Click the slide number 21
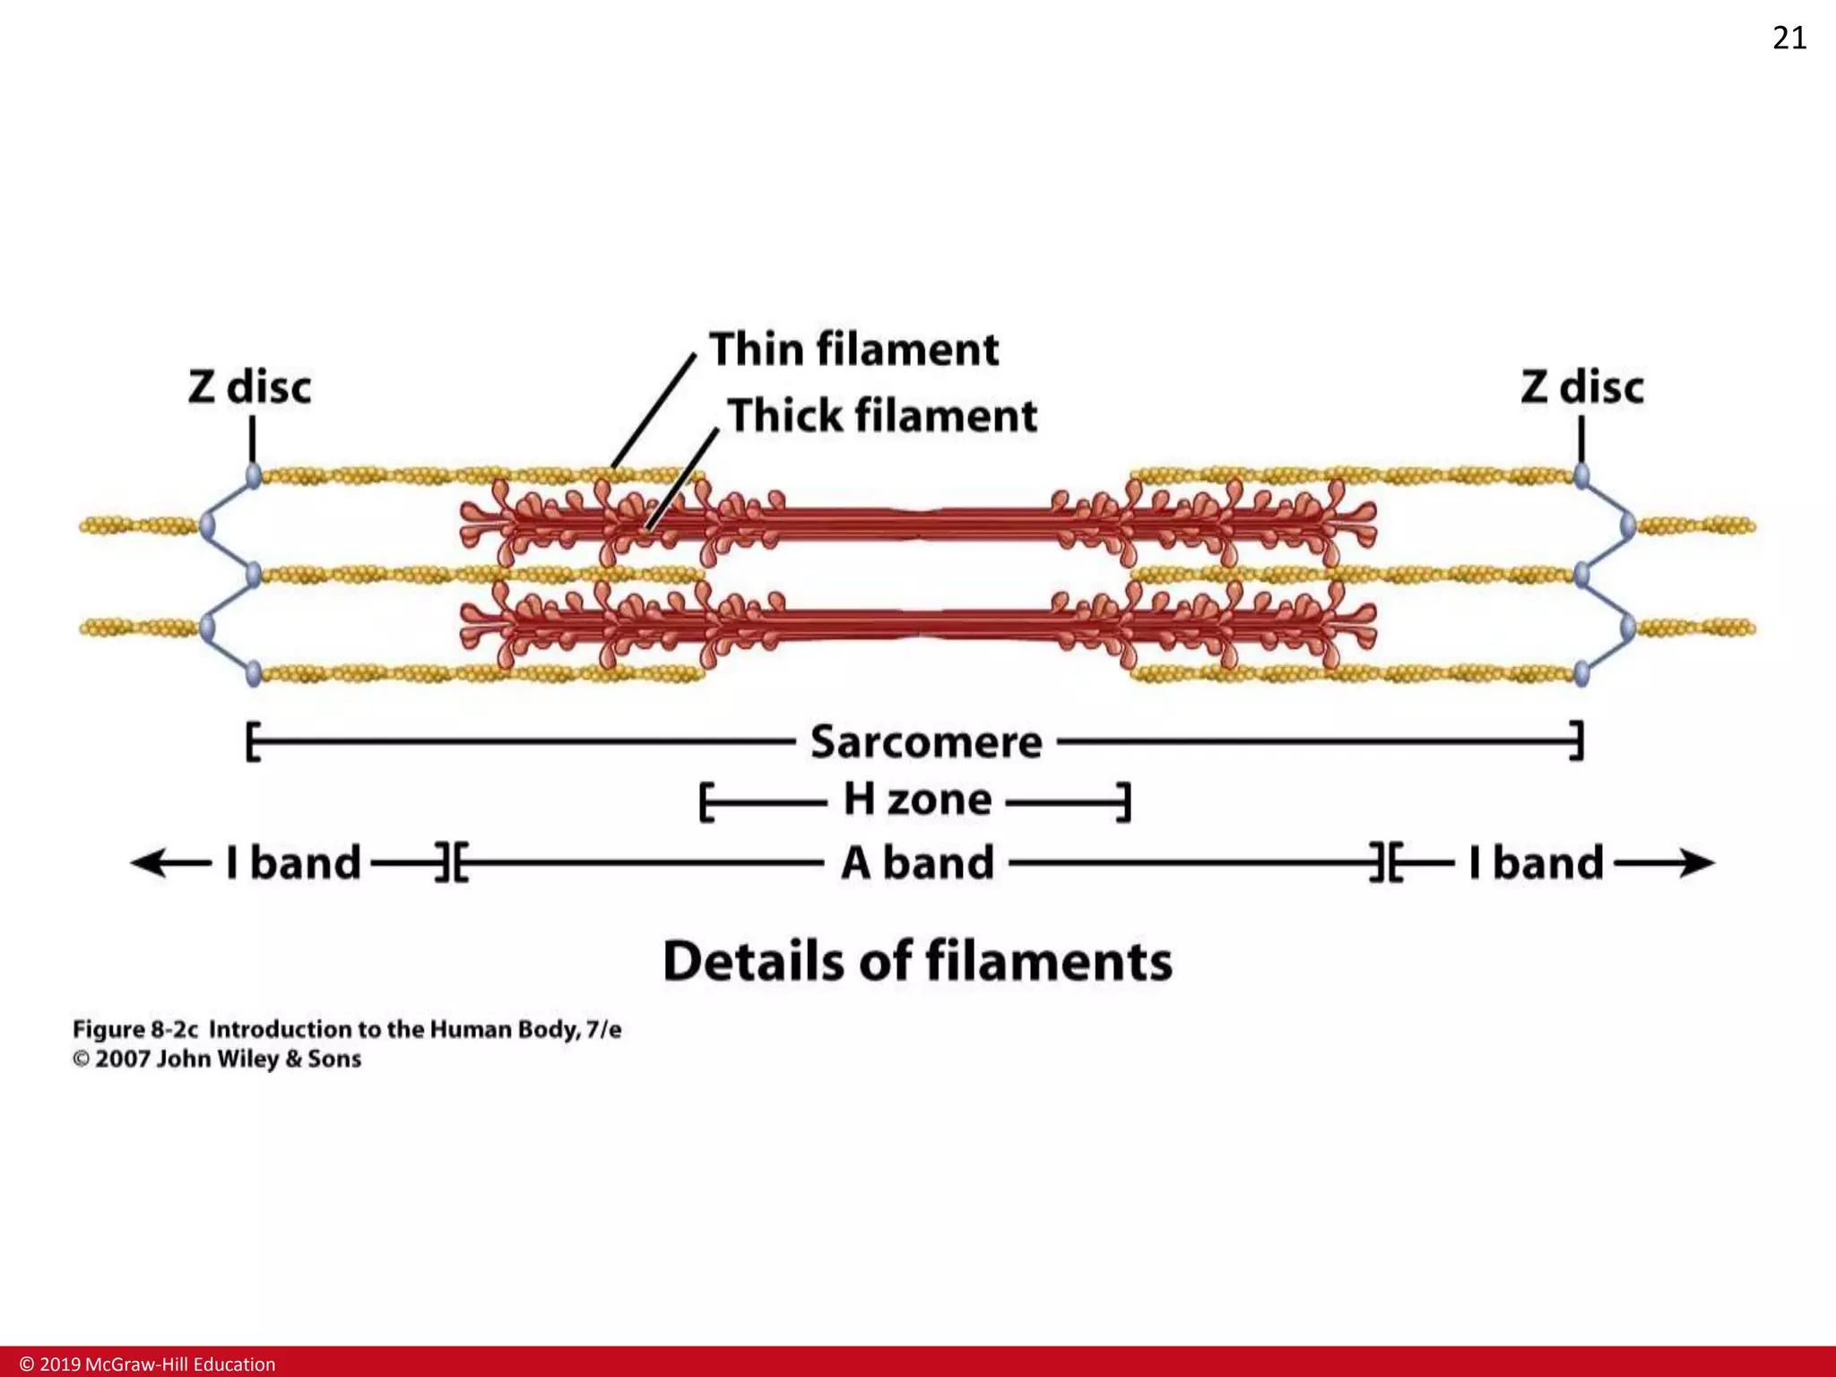click(x=1789, y=38)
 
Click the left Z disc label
click(x=249, y=387)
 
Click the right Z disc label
click(x=1582, y=387)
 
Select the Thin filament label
click(x=853, y=349)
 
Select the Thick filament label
click(x=882, y=416)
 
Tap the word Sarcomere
click(x=926, y=742)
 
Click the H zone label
click(x=917, y=799)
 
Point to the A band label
click(x=917, y=863)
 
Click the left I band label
click(x=293, y=863)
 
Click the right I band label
click(x=1536, y=863)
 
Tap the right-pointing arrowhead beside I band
click(x=1697, y=863)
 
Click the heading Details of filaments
click(x=917, y=961)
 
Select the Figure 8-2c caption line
click(x=346, y=1029)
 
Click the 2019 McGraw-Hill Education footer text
click(x=148, y=1364)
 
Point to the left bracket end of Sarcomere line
click(x=252, y=741)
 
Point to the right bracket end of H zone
click(x=1126, y=801)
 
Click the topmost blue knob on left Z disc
click(x=254, y=474)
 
